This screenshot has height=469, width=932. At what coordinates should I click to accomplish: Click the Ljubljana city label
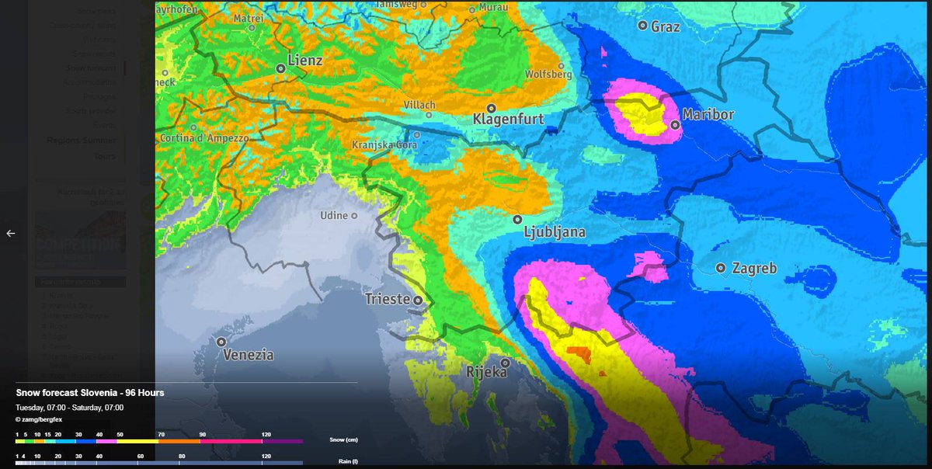555,232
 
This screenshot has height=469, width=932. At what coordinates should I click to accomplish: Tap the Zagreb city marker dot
721,268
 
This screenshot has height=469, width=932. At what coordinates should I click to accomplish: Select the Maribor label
708,115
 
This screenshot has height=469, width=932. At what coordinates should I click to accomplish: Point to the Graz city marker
643,26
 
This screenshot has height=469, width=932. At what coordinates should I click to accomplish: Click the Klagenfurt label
508,120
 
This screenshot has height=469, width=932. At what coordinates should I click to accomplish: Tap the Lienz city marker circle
280,68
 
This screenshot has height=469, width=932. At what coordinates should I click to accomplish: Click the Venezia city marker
221,342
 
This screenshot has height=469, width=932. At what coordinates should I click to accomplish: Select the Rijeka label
486,373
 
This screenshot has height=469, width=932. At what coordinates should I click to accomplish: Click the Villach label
420,105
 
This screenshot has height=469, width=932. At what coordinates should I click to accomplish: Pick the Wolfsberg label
548,75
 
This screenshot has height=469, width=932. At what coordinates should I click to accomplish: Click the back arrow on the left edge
11,233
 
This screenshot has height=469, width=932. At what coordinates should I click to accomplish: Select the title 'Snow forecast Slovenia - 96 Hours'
90,393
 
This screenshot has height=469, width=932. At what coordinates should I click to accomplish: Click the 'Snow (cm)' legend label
343,440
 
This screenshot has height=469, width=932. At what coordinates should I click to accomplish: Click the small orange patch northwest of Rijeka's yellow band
579,355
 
